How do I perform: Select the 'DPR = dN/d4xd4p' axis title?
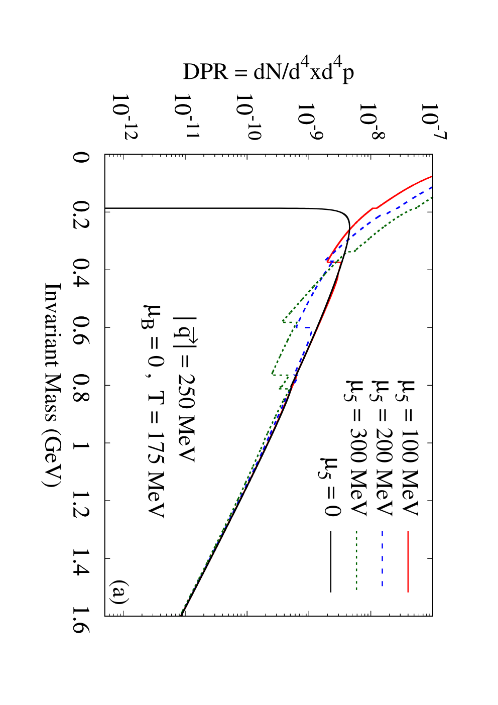point(269,72)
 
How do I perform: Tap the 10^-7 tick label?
point(434,121)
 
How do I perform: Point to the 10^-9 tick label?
point(310,121)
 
